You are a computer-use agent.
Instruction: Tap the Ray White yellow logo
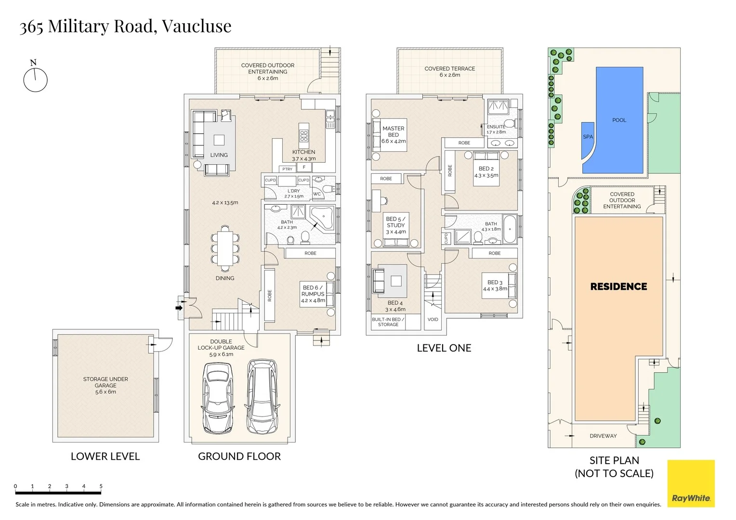pyautogui.click(x=691, y=483)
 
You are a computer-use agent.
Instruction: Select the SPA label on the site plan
pyautogui.click(x=588, y=137)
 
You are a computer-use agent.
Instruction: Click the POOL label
pyautogui.click(x=619, y=120)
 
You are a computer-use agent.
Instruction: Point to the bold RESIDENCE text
pyautogui.click(x=618, y=286)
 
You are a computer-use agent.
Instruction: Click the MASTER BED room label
pyautogui.click(x=394, y=131)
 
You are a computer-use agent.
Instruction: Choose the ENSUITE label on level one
pyautogui.click(x=496, y=127)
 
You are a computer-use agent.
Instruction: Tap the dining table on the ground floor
pyautogui.click(x=225, y=248)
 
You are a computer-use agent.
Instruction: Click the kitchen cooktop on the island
pyautogui.click(x=304, y=135)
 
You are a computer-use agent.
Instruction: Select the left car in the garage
pyautogui.click(x=218, y=398)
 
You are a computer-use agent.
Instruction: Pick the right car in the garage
pyautogui.click(x=263, y=396)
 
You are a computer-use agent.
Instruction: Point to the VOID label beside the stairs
pyautogui.click(x=433, y=319)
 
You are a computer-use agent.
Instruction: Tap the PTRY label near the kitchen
pyautogui.click(x=287, y=169)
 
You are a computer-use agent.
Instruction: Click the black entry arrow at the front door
pyautogui.click(x=179, y=308)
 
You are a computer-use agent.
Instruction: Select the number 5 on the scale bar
pyautogui.click(x=101, y=486)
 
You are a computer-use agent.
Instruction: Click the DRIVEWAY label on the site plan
pyautogui.click(x=603, y=436)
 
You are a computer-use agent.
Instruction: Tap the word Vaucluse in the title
pyautogui.click(x=197, y=26)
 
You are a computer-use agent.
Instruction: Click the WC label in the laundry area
pyautogui.click(x=317, y=194)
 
